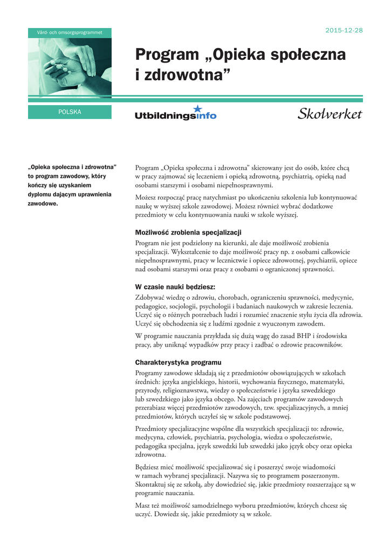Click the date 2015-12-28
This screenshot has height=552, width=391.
click(x=344, y=30)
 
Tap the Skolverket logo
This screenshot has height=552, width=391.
click(x=330, y=114)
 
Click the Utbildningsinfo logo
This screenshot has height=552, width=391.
click(x=175, y=115)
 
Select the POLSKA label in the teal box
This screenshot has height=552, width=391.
click(x=70, y=112)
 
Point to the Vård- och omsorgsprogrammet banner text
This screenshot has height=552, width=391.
click(x=70, y=33)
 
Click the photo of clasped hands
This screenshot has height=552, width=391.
click(x=70, y=67)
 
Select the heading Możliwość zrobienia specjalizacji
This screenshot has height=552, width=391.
click(x=188, y=232)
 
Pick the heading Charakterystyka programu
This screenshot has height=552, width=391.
click(x=178, y=362)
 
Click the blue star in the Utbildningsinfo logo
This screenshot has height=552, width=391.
click(x=197, y=108)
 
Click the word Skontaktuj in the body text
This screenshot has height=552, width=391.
click(x=152, y=485)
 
